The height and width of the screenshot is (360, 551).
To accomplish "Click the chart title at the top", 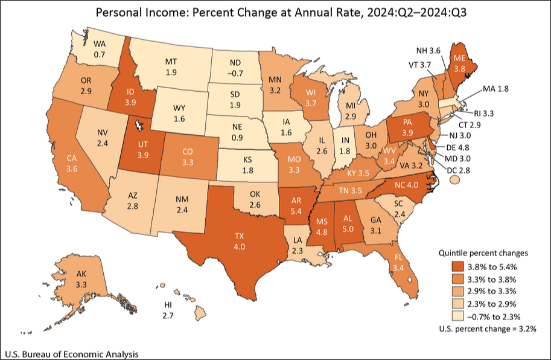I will point(275,12).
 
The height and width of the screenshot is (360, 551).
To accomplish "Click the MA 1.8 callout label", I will point(497,89).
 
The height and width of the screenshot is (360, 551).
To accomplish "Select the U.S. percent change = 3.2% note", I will point(487,330).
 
